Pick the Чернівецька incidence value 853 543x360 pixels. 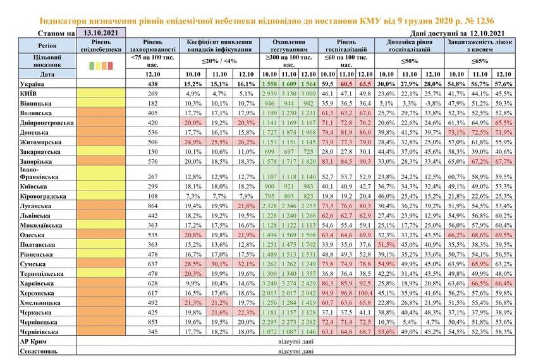pyautogui.click(x=152, y=322)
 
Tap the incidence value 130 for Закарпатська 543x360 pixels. pyautogui.click(x=152, y=152)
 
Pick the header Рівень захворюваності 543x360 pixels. pyautogui.click(x=152, y=46)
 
